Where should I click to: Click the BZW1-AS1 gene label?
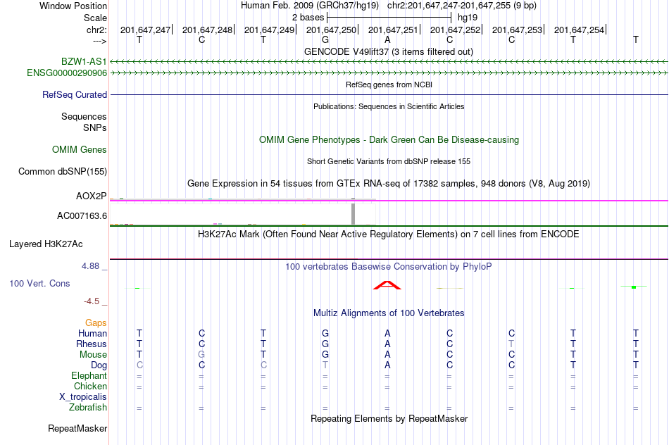pos(84,61)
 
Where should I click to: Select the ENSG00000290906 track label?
pos(67,73)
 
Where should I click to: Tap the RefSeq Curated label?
pos(75,95)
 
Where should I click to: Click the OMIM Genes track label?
pos(80,149)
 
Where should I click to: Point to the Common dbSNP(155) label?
pos(63,172)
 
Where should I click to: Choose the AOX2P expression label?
pos(92,196)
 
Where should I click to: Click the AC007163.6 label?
pos(82,216)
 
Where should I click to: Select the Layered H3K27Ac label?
pos(46,244)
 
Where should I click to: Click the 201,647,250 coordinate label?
pos(331,30)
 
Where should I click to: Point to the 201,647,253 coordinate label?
pos(517,30)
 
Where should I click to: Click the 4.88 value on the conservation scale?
pos(90,266)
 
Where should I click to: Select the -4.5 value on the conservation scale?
pos(92,301)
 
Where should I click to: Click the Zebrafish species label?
pos(88,408)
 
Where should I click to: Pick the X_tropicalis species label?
pos(83,397)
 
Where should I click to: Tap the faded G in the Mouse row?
pos(201,355)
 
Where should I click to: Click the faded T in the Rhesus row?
pos(511,344)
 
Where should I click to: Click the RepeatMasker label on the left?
pos(77,428)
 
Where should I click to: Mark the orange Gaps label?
pos(96,323)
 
